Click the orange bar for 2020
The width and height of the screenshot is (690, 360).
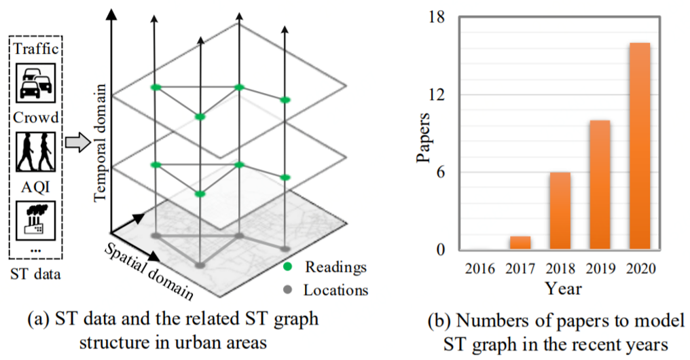pos(639,146)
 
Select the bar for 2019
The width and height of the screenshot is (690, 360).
pos(600,185)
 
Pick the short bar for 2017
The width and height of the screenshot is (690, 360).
pos(520,242)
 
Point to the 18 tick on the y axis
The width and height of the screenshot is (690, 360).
pos(437,18)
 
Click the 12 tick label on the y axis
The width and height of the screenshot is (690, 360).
pos(437,95)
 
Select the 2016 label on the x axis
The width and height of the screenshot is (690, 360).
pos(480,268)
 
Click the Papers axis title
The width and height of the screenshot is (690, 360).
pos(422,135)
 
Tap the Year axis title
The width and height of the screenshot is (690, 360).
pos(562,289)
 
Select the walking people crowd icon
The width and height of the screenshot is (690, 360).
pos(34,150)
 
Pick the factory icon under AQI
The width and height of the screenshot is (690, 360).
pos(35,219)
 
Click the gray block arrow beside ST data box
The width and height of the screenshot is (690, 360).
pos(77,144)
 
